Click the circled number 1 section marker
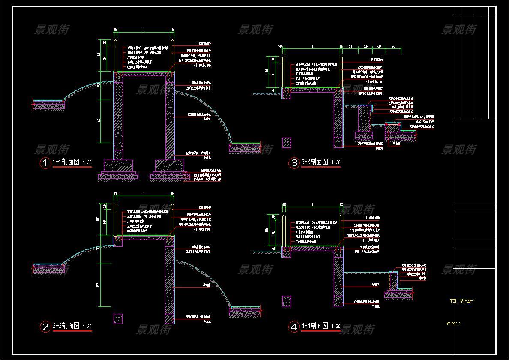(45, 163)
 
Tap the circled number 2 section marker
(45, 327)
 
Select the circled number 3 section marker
(294, 163)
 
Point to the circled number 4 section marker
(294, 327)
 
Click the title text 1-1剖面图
(66, 162)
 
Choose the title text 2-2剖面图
(66, 326)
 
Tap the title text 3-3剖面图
(315, 162)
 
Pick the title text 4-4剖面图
(315, 326)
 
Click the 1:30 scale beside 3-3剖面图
(336, 163)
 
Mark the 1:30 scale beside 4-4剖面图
(336, 327)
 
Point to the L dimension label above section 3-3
(313, 46)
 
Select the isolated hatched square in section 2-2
(118, 318)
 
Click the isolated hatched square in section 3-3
(287, 143)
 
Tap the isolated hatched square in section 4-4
(287, 301)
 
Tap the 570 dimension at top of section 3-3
(393, 46)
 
